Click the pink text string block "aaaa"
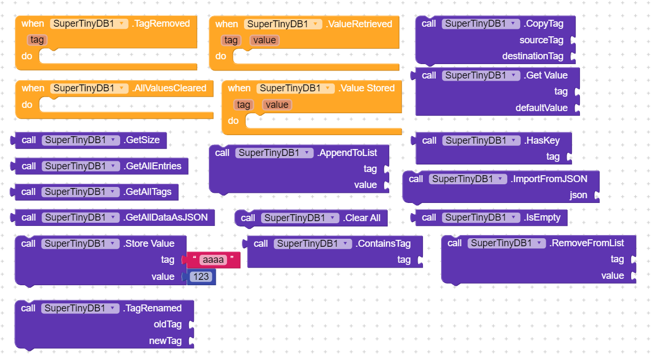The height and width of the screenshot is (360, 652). pos(214,260)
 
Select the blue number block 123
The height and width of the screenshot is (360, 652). pos(201,277)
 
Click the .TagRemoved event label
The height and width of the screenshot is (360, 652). pos(161,24)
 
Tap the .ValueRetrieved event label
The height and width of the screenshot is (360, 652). pos(359,24)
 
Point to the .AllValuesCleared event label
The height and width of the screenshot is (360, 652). pos(169,88)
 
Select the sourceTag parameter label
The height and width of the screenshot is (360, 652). pos(541,40)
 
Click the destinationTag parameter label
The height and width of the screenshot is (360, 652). pos(532,56)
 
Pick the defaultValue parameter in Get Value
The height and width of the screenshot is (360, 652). pos(541,108)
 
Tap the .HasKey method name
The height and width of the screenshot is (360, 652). pos(541,140)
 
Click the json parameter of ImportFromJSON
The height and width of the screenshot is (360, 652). pos(578,195)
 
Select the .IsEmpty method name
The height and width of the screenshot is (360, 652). pos(542,217)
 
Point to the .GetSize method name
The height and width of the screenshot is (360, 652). pos(142,140)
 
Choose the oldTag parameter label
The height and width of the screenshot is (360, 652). pos(168,324)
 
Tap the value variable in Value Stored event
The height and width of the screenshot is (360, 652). pos(277,105)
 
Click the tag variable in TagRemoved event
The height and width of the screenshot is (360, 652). pos(37,40)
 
